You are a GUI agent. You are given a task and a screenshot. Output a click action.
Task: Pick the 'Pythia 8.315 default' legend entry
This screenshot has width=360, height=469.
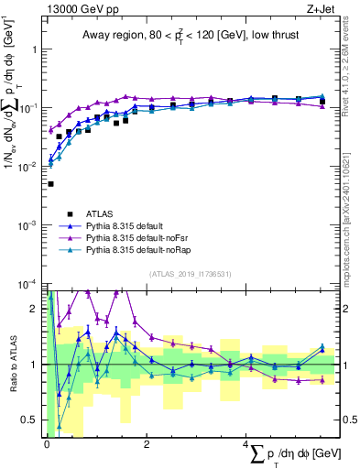127,224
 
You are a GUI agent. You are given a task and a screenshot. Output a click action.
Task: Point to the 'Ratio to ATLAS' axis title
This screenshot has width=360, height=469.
12,365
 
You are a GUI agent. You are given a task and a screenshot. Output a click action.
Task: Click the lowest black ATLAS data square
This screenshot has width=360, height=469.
50,184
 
